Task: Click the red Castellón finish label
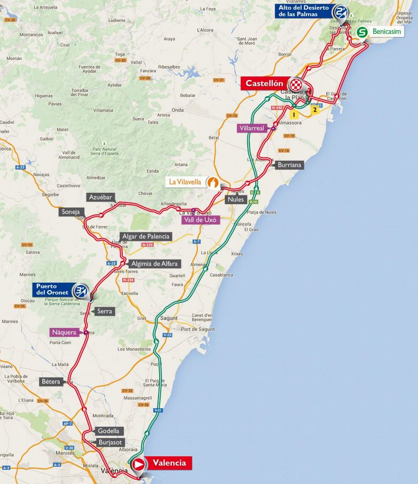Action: [x=264, y=83]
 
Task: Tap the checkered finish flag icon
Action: [x=296, y=84]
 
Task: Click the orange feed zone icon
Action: [x=212, y=182]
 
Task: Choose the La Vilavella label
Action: [x=185, y=182]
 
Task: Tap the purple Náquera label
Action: [x=64, y=332]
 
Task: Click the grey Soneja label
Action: [x=70, y=212]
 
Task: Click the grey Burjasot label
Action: [x=111, y=442]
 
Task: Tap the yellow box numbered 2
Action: [x=316, y=109]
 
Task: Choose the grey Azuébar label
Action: [x=100, y=197]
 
